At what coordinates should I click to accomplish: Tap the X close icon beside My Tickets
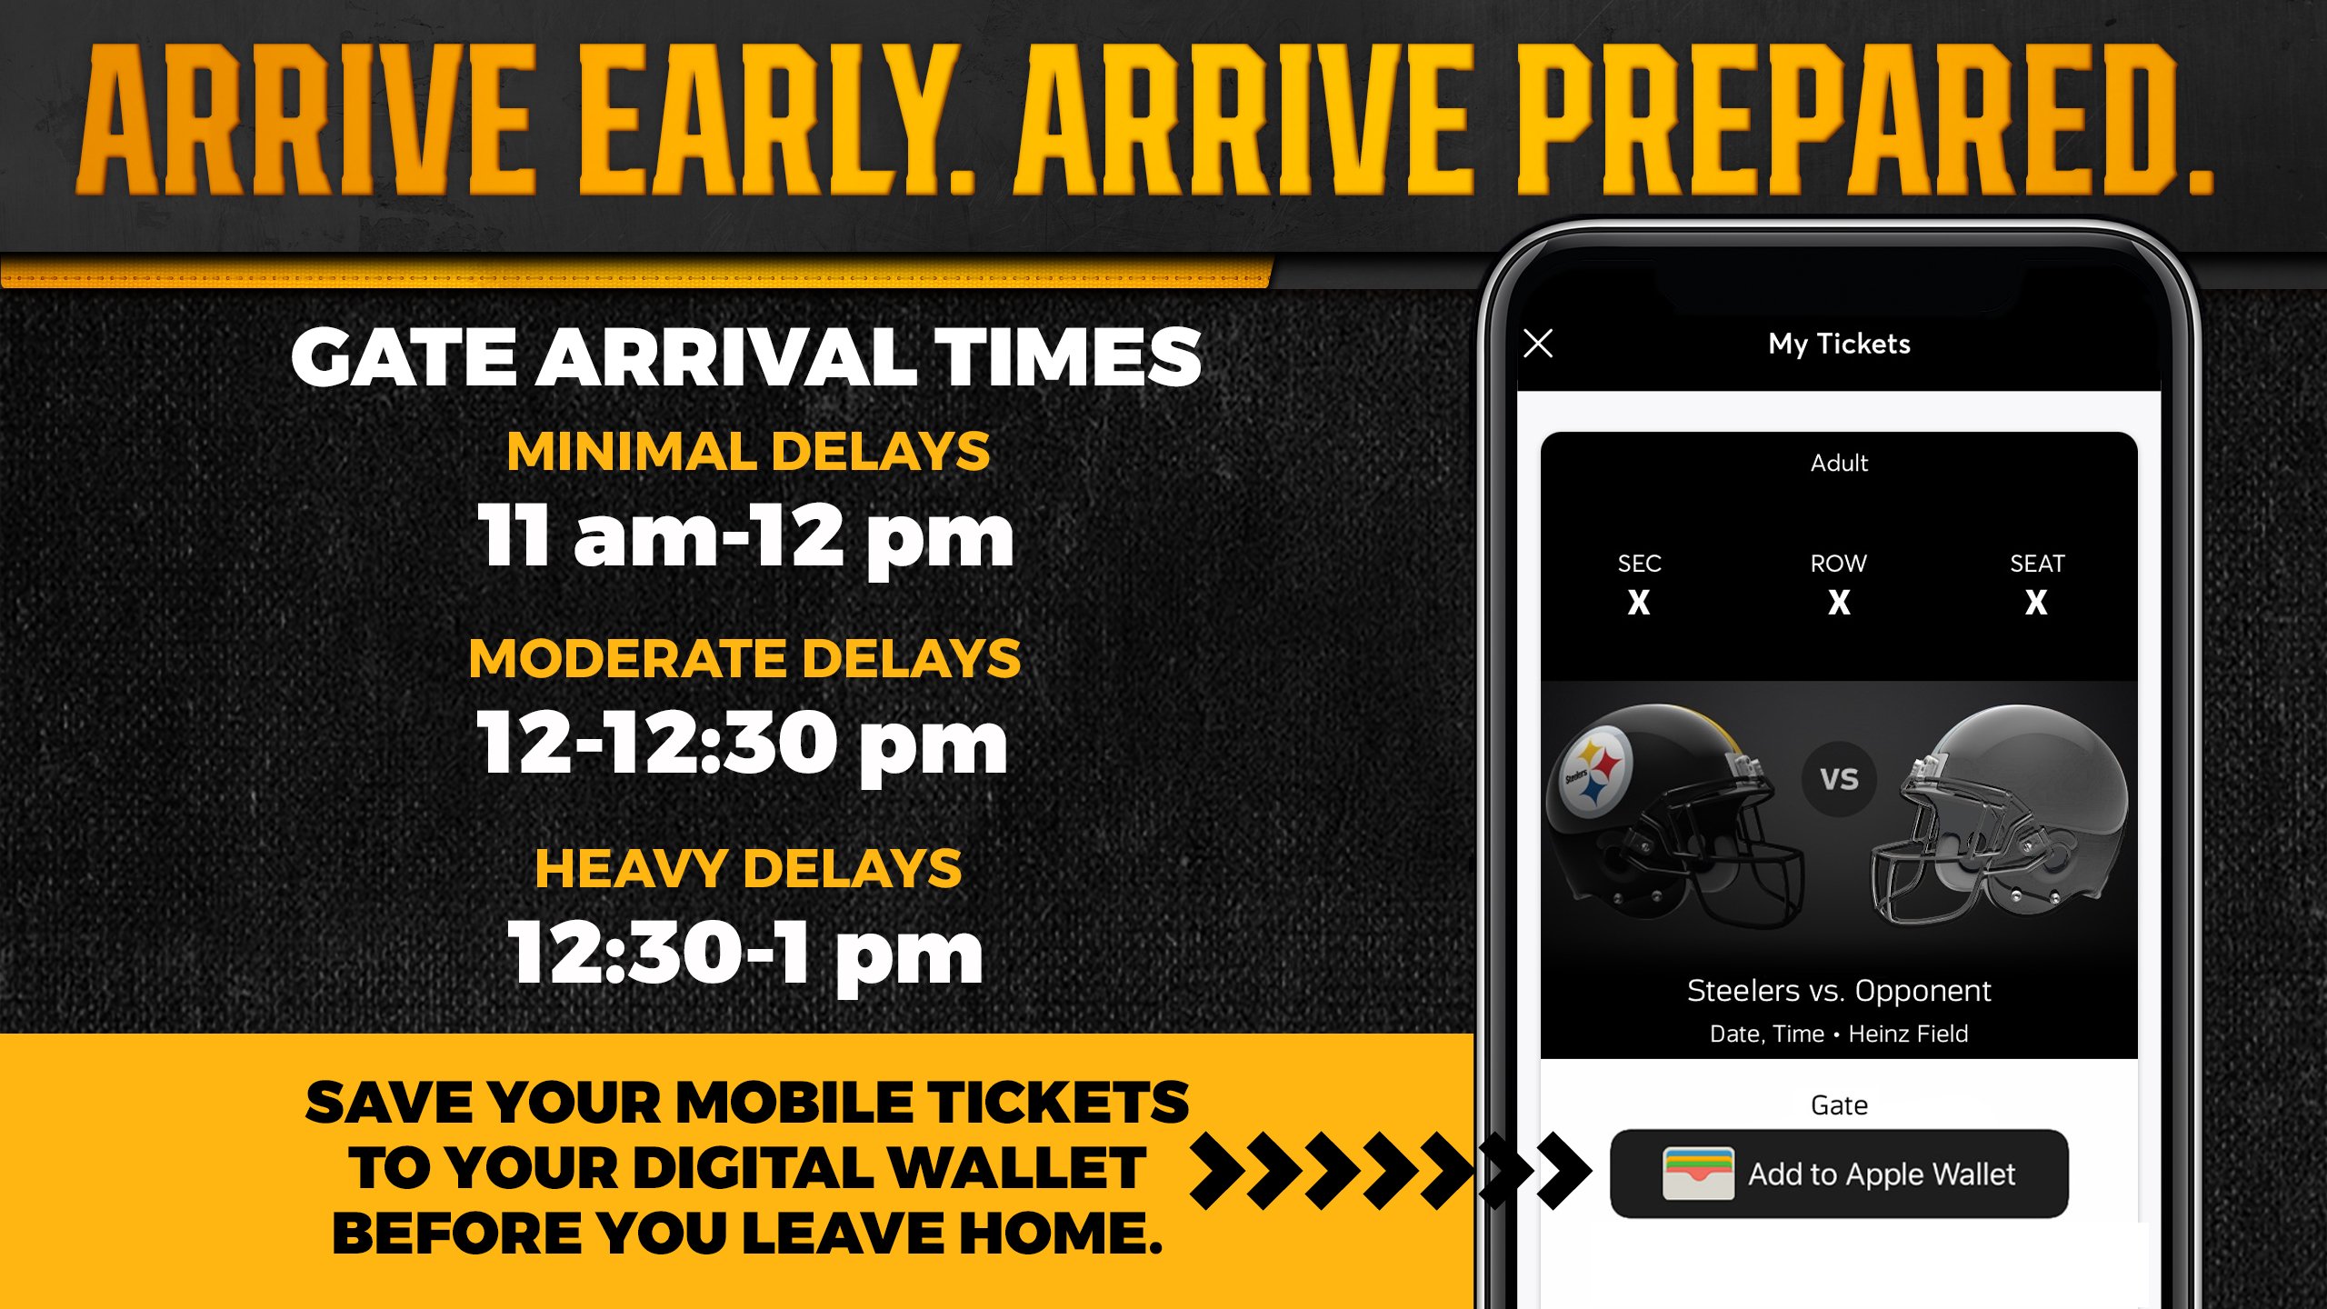click(x=1538, y=344)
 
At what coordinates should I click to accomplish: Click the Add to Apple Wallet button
click(x=1839, y=1174)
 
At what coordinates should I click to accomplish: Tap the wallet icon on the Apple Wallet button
click(x=1698, y=1174)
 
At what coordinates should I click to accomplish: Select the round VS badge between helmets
click(x=1839, y=779)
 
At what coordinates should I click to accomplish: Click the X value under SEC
click(x=1639, y=602)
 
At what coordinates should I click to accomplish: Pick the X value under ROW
click(x=1839, y=602)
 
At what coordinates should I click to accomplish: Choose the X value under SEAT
click(x=2036, y=602)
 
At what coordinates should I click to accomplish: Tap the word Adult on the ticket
click(x=1839, y=463)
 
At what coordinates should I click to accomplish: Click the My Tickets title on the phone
click(x=1839, y=344)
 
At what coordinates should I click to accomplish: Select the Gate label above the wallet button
click(x=1839, y=1104)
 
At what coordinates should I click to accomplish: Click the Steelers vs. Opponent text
click(x=1839, y=990)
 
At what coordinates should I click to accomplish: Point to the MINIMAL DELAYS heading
click(x=748, y=452)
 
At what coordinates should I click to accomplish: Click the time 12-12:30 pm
click(x=742, y=744)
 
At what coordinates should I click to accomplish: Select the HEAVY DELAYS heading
click(x=748, y=868)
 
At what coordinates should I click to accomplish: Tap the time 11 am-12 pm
click(x=745, y=536)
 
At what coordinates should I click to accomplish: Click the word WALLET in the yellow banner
click(x=1016, y=1168)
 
